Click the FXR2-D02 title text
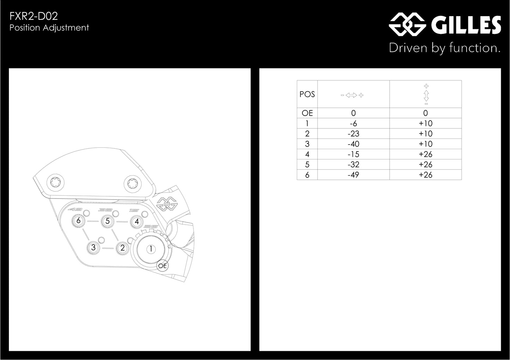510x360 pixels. point(34,16)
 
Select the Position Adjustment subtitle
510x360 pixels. point(49,28)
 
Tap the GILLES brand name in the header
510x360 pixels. point(466,25)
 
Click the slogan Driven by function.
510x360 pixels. point(444,48)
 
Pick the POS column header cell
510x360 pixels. point(307,94)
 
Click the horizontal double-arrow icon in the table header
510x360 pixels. point(352,95)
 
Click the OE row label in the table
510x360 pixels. point(307,113)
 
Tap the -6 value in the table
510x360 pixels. point(353,123)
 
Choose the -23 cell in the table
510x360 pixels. point(353,134)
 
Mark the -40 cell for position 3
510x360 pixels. point(353,144)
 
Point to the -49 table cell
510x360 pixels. point(353,175)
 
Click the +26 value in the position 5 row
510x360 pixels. point(425,164)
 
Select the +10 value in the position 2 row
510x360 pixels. point(425,134)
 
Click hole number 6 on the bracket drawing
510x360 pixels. point(78,221)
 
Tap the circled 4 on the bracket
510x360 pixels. point(137,222)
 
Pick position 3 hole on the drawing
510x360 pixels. point(93,248)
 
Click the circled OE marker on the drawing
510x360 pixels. point(162,266)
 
